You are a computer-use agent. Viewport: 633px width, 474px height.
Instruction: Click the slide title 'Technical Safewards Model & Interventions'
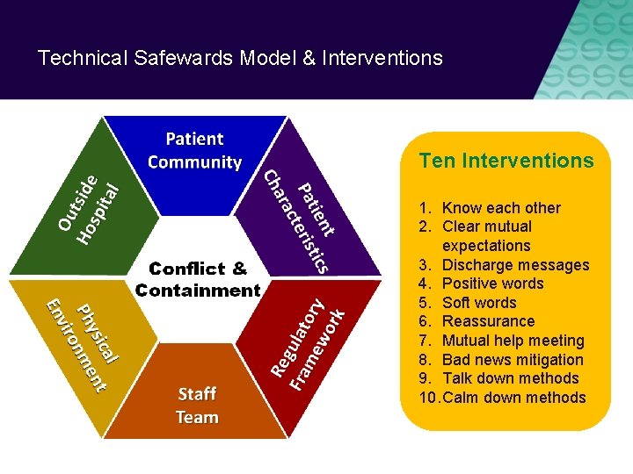point(240,59)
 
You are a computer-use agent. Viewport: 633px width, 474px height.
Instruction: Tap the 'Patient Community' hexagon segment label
point(194,150)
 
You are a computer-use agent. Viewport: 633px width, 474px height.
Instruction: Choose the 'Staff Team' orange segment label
point(197,405)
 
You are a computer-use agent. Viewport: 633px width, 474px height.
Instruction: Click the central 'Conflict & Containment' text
point(198,279)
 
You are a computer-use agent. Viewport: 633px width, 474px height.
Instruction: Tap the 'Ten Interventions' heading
point(506,161)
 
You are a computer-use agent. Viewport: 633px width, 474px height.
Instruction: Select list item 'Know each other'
point(501,208)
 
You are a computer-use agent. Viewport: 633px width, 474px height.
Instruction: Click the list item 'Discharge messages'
point(515,265)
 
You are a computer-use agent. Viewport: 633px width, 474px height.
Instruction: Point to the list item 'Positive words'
point(492,284)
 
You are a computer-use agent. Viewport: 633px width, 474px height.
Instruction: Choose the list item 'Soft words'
point(479,303)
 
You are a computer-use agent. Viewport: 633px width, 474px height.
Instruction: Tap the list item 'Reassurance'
point(488,321)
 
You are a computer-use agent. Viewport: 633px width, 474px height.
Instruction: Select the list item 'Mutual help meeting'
point(513,341)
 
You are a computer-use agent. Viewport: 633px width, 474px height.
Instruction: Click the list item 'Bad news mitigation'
point(513,360)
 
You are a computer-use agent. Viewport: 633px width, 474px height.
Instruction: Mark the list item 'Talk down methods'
point(510,378)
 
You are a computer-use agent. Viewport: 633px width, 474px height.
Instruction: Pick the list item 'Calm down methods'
point(513,398)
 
